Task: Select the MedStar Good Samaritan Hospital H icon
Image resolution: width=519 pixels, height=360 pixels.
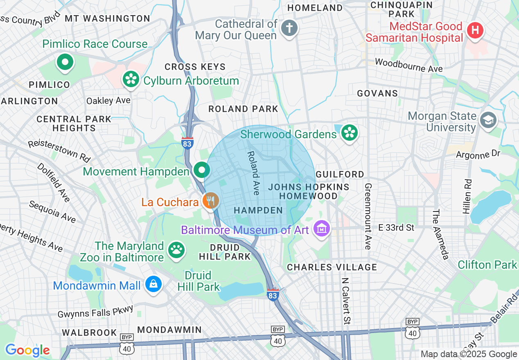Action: coord(475,30)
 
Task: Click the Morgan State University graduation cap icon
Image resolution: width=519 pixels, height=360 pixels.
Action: coord(488,120)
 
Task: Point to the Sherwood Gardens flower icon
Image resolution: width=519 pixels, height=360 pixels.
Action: coord(350,133)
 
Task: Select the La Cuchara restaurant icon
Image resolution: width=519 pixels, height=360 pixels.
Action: coord(211,201)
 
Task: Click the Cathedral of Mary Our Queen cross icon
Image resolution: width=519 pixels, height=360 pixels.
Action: coord(289,28)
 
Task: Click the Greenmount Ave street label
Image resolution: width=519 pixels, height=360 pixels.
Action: coord(368,216)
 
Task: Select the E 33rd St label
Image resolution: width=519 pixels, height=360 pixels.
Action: coord(396,227)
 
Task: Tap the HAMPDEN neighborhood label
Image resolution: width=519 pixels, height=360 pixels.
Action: coord(258,210)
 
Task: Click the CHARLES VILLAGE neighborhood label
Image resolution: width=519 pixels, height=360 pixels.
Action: coord(332,267)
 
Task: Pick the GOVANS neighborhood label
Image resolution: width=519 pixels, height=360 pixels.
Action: coord(377,93)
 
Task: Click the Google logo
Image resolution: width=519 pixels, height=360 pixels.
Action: coord(27,350)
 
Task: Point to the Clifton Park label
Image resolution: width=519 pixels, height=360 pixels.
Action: coord(487,265)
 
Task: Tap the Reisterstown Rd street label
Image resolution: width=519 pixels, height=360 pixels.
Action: coord(59,150)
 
